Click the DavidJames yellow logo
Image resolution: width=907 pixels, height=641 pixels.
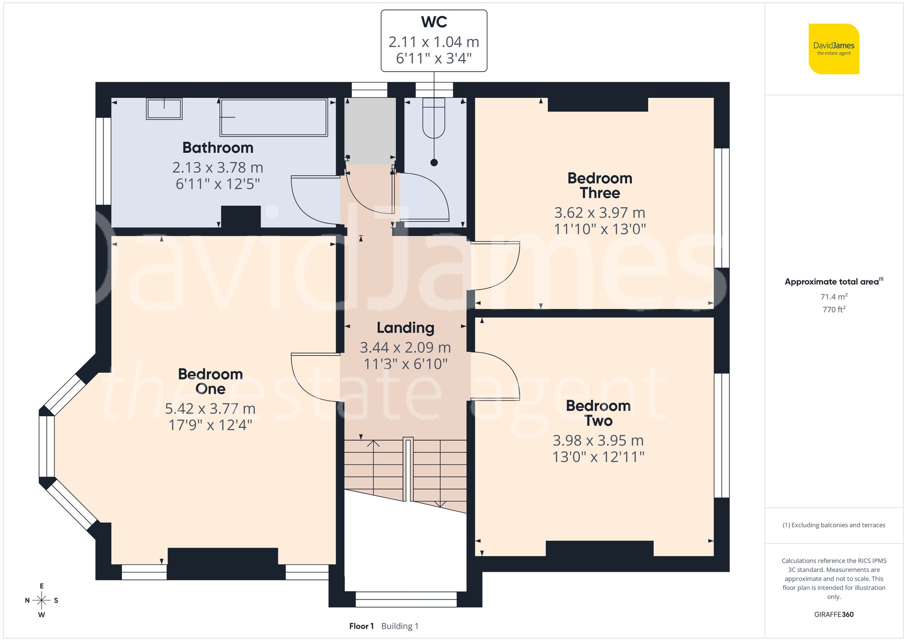pyautogui.click(x=834, y=49)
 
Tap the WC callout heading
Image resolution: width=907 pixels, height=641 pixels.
pyautogui.click(x=434, y=22)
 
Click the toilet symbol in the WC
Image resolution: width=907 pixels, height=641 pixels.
pyautogui.click(x=434, y=119)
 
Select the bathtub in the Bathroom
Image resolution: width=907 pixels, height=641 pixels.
pyautogui.click(x=273, y=117)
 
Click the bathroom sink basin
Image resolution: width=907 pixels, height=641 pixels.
pyautogui.click(x=164, y=109)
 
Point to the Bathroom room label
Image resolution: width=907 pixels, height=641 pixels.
pyautogui.click(x=218, y=148)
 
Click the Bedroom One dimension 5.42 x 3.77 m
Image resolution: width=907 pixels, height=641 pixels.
pyautogui.click(x=210, y=409)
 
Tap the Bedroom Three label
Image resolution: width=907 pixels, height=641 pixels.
pyautogui.click(x=600, y=185)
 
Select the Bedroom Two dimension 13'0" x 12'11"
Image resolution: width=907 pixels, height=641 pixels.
pyautogui.click(x=598, y=457)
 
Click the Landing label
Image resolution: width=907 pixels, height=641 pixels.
pyautogui.click(x=405, y=328)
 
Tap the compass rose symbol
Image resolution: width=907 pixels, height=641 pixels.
pyautogui.click(x=42, y=601)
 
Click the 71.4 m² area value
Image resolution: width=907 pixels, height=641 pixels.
pyautogui.click(x=834, y=297)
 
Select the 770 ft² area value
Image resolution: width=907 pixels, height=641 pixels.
pyautogui.click(x=834, y=309)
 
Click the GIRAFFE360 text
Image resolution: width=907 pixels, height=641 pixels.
pyautogui.click(x=834, y=614)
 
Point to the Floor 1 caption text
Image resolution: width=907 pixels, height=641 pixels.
pyautogui.click(x=361, y=626)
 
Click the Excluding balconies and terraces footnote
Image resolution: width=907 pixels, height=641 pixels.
pyautogui.click(x=834, y=525)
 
